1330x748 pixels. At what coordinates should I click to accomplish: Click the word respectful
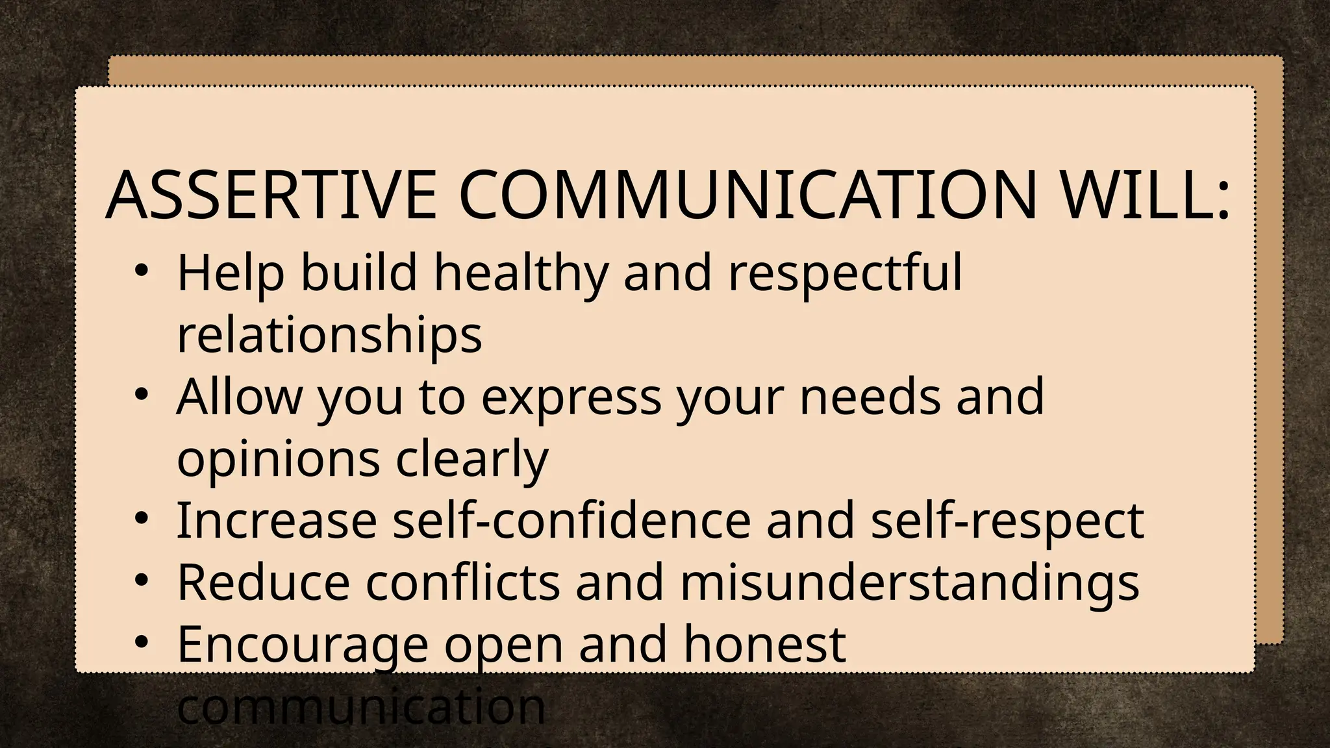[845, 273]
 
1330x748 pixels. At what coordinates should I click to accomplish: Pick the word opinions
[278, 460]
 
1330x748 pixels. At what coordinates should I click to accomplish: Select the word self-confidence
[571, 521]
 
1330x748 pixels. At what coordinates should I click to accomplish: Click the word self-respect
[1007, 521]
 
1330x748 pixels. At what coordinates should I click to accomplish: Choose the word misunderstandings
[909, 583]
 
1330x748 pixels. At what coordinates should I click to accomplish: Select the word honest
[764, 644]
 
